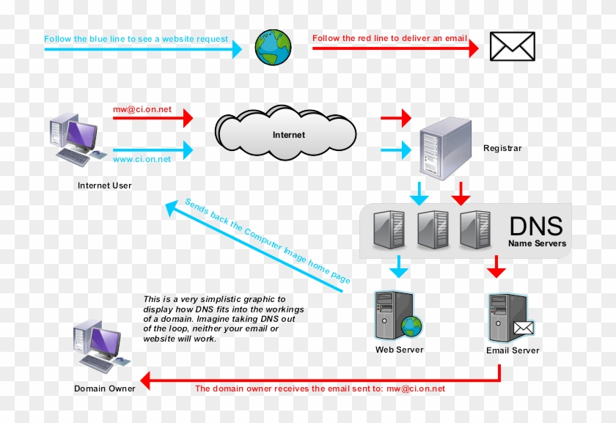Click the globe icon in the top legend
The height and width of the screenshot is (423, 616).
coord(273,46)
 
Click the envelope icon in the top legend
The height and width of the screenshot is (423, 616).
coord(512,46)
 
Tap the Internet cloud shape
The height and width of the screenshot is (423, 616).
coord(286,135)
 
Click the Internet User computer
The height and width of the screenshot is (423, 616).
coord(74,139)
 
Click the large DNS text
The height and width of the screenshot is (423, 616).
coord(536,226)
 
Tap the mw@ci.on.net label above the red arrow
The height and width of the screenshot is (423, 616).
coord(142,110)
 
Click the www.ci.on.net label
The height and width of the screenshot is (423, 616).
coord(142,159)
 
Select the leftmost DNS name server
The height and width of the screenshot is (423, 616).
coord(388,229)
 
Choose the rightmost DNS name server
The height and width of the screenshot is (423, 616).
coord(475,229)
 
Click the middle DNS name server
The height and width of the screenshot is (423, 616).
coord(432,229)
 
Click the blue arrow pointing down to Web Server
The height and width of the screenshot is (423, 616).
coord(398,267)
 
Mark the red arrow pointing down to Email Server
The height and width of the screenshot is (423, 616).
coord(496,267)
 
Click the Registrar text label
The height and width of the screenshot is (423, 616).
coord(502,149)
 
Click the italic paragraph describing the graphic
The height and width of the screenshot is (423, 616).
coord(223,319)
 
